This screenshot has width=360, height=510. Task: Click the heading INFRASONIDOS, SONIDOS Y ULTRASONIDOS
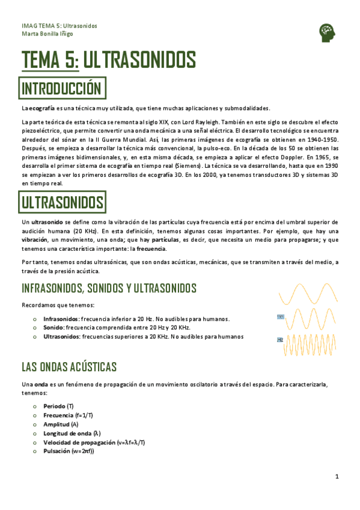(x=109, y=287)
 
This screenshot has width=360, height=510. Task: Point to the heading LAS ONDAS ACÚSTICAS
(x=69, y=367)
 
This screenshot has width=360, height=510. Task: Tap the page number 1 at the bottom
(x=337, y=477)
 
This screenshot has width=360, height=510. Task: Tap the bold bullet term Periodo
(x=53, y=407)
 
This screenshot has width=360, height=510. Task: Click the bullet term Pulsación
(x=57, y=450)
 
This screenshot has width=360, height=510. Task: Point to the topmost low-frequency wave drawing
(x=308, y=293)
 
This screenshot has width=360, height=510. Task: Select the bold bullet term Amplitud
(x=56, y=424)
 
